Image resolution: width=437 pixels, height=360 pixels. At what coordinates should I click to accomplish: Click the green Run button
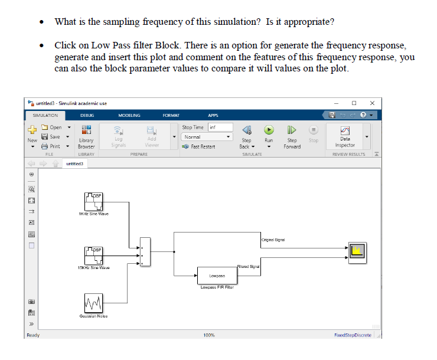pos(269,130)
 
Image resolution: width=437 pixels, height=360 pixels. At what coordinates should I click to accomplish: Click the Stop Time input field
pos(220,127)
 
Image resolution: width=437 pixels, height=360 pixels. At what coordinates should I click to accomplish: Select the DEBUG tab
pos(87,115)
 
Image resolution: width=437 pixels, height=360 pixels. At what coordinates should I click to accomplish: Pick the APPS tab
pos(213,115)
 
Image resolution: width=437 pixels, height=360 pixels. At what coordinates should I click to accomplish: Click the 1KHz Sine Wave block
pos(94,202)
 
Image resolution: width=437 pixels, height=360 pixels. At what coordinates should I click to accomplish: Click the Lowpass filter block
pos(217,276)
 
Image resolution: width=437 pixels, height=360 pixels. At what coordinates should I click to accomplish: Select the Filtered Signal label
pos(248,267)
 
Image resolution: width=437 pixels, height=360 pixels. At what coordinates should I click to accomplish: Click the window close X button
pos(372,103)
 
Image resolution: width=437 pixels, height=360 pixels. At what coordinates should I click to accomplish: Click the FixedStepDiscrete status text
pos(353,335)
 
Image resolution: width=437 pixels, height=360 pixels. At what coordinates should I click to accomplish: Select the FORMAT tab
pos(171,115)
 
